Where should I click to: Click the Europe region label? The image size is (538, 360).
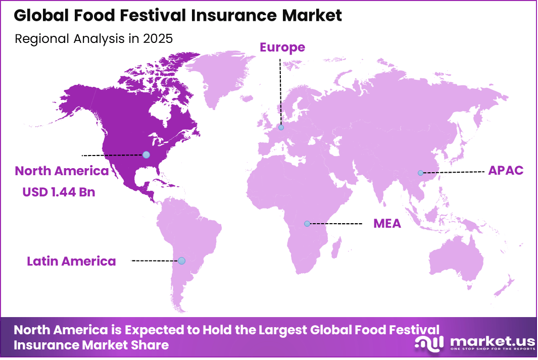coord(282,47)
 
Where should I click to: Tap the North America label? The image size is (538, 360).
coord(62,171)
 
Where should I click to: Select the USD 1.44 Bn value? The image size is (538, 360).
coord(59,192)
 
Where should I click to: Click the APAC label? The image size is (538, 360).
coord(506,171)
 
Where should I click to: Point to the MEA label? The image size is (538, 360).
coord(387,223)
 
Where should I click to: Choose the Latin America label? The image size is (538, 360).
coord(71,261)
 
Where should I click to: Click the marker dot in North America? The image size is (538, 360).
coord(146,155)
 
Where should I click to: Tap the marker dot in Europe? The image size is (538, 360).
coord(281,127)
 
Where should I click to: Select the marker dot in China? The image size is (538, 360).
coord(420,173)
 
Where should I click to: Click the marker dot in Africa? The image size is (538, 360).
coord(307,223)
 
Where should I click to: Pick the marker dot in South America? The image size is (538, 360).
coord(181,261)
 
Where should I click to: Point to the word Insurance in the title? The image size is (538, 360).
coord(236,15)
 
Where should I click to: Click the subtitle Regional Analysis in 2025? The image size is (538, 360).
coord(94,38)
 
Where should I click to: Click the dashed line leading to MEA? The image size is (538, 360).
coord(336,223)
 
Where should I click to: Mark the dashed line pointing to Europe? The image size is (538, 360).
coord(281,91)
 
